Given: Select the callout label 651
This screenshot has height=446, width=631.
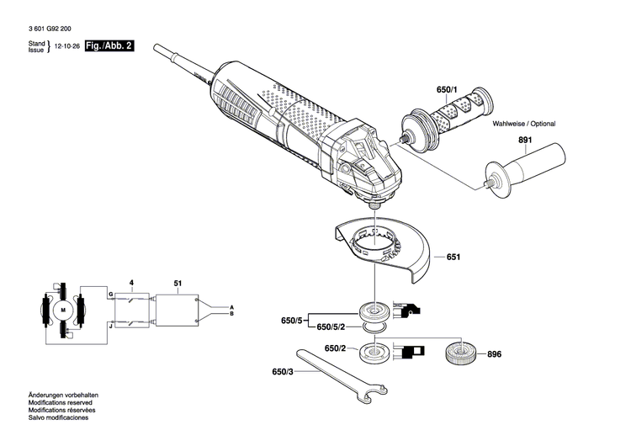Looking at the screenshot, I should click(x=453, y=257).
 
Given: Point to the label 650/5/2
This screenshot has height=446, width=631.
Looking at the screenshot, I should click(x=334, y=326).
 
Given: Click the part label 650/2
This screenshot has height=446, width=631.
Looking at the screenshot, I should click(x=335, y=348).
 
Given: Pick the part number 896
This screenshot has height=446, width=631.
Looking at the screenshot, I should click(x=494, y=354).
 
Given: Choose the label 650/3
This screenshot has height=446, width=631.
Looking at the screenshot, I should click(x=284, y=371).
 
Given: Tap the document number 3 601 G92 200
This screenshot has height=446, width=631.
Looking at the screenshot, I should click(x=56, y=28).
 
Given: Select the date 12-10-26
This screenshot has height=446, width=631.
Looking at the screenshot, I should click(x=68, y=47).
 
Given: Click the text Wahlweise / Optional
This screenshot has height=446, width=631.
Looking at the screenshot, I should click(x=523, y=124).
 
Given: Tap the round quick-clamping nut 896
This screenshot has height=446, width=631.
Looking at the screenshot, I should click(x=459, y=353).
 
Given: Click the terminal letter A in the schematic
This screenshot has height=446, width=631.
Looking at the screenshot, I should click(x=232, y=307).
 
